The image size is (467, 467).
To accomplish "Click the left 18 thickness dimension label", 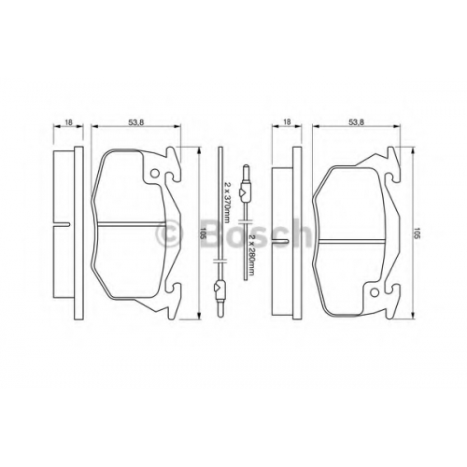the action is [x=68, y=122].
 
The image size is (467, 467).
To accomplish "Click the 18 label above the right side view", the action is [x=287, y=122].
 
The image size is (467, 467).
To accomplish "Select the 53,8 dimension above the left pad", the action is [x=136, y=122].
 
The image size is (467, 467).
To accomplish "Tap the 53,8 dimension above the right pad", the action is [x=357, y=122].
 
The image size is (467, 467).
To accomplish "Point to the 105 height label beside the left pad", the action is [x=204, y=233].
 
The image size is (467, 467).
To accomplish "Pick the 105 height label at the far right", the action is [x=417, y=233].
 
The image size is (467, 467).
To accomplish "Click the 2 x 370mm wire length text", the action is [x=227, y=202].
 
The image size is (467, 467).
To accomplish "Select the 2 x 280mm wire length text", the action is [x=252, y=255].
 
